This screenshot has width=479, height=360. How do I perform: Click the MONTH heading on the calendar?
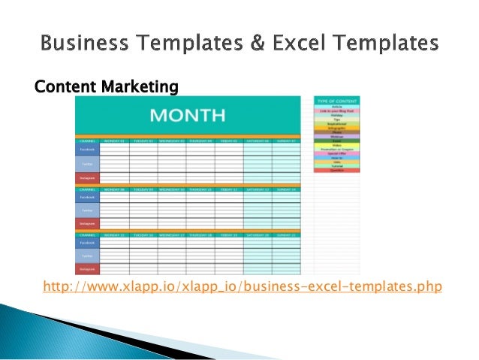coord(188,116)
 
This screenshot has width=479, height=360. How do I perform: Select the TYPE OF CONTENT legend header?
coord(336,100)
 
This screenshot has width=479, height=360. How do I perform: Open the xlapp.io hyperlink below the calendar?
coord(243,286)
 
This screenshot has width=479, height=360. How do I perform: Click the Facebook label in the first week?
coord(87,150)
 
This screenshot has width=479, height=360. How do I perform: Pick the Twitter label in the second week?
coord(87,210)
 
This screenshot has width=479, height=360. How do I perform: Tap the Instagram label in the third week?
coord(87,268)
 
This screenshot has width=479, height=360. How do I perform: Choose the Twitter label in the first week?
coord(87,163)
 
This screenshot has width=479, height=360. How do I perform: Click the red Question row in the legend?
coord(336,171)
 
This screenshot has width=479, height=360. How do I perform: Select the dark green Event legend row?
coord(336,141)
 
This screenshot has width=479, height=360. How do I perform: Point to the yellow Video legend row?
coord(336,145)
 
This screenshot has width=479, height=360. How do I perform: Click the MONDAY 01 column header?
coord(114,141)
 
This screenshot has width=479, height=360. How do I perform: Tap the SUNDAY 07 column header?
coord(286,141)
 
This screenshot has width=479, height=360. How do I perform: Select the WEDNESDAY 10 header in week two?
coord(172,190)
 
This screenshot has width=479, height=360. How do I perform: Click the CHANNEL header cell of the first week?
coord(87,141)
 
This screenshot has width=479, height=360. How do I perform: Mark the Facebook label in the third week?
coord(87,243)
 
